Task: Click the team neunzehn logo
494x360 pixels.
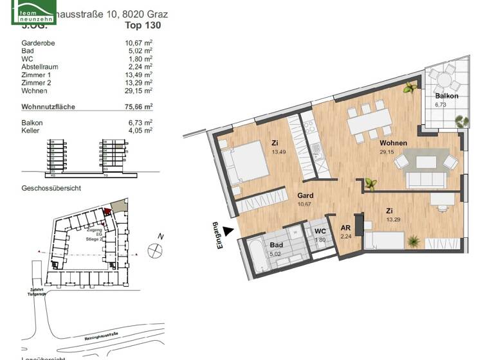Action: tap(33, 12)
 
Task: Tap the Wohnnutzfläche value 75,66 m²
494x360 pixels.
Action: tap(138, 107)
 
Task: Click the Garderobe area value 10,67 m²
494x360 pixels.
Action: tap(138, 44)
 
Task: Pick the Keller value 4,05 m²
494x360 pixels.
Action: tap(138, 130)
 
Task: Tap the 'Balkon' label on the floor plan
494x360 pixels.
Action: tap(446, 96)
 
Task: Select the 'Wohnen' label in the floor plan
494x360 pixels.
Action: tap(394, 143)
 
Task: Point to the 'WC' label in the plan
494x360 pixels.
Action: tap(320, 231)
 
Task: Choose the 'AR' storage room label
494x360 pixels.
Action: tap(345, 228)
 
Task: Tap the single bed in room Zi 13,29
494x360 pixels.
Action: tap(385, 241)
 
